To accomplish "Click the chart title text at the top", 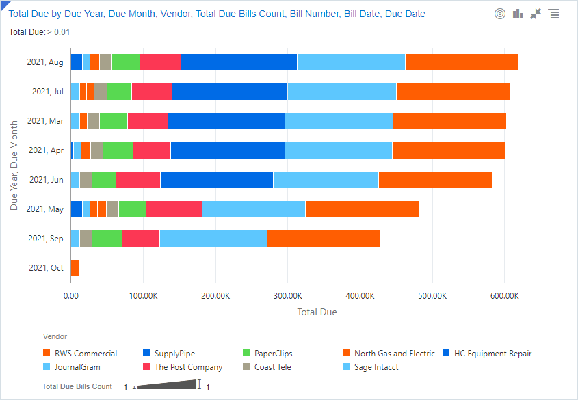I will [x=217, y=14].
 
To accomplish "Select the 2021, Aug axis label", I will [x=45, y=62].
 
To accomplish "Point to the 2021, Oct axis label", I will [x=46, y=268].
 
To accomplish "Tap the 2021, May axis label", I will [x=45, y=209].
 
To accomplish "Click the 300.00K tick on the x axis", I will [x=287, y=296].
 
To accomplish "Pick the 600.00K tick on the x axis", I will [x=504, y=296].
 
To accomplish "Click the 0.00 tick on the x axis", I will [x=70, y=296].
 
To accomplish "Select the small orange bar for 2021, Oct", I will [x=75, y=268].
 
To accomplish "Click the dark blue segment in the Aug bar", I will [x=239, y=62].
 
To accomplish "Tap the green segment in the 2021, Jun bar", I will [x=103, y=180].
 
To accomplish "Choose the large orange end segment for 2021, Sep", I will [x=324, y=239].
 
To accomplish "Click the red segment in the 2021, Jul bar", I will [x=152, y=92].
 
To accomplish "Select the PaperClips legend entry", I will [x=273, y=354].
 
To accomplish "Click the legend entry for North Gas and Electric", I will [x=394, y=354].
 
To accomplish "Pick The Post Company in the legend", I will [x=188, y=367].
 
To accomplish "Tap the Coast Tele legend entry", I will [x=272, y=367].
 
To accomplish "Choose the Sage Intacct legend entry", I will [x=376, y=367].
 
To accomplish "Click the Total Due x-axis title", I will [x=317, y=312].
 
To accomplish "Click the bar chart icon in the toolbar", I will [x=518, y=14].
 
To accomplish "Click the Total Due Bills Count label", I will [x=77, y=386].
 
